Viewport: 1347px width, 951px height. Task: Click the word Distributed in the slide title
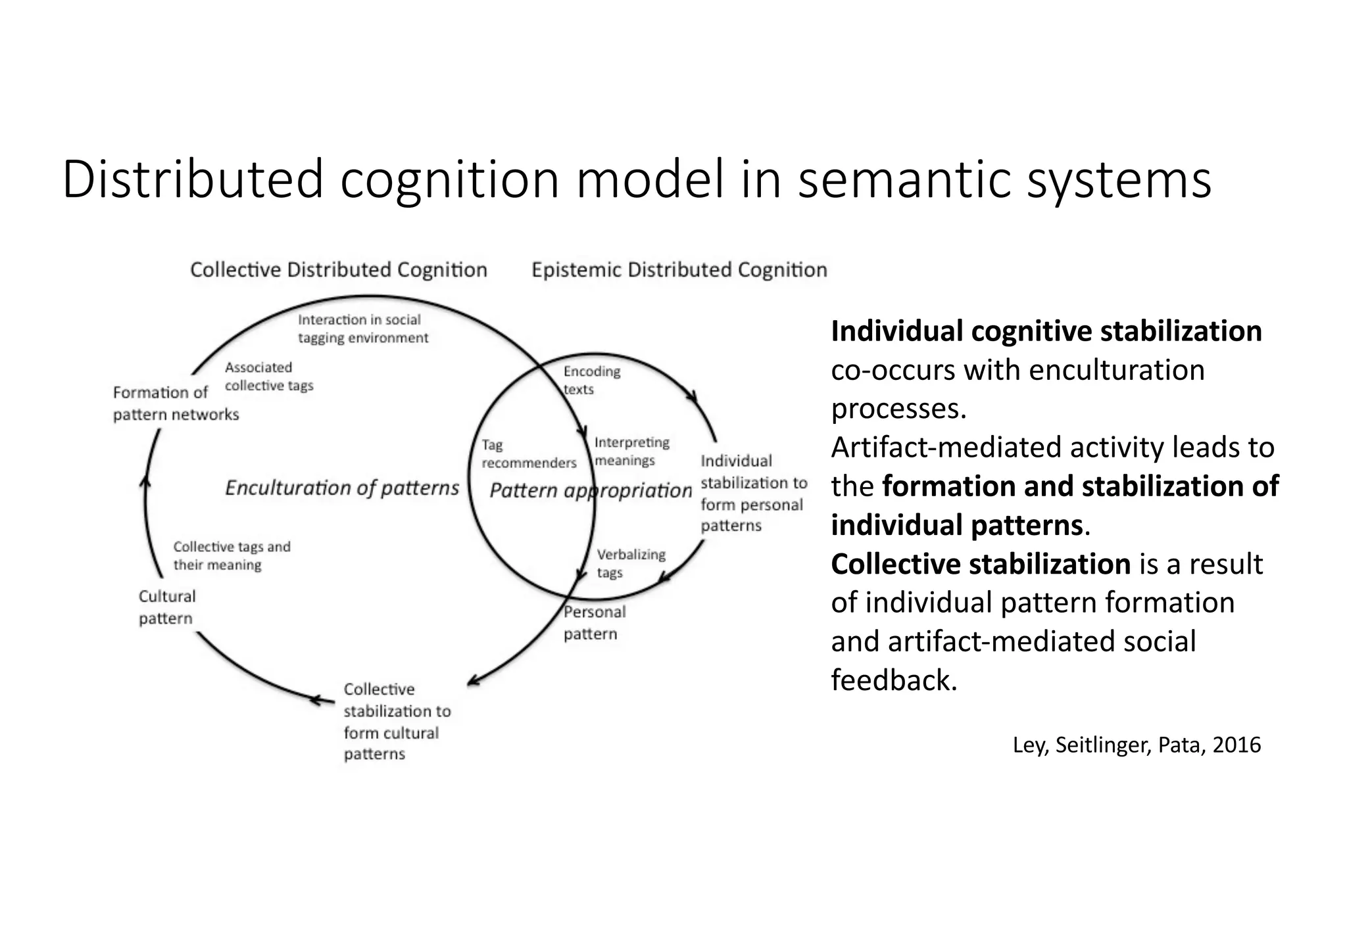pyautogui.click(x=193, y=179)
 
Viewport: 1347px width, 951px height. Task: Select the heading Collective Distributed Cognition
pyautogui.click(x=338, y=270)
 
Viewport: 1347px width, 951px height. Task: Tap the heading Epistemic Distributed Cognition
pyautogui.click(x=679, y=270)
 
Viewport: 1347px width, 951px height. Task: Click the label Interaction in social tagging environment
pyautogui.click(x=362, y=329)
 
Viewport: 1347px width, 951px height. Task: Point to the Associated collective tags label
pyautogui.click(x=268, y=377)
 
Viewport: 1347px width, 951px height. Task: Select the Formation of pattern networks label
pyautogui.click(x=175, y=403)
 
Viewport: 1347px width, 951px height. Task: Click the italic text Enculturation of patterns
pyautogui.click(x=341, y=488)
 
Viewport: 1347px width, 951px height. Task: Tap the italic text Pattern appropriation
pyautogui.click(x=590, y=490)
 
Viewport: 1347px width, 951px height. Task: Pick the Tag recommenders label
pyautogui.click(x=528, y=454)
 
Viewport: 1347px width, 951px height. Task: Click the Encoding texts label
pyautogui.click(x=591, y=380)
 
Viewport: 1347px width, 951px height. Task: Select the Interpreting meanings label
pyautogui.click(x=631, y=452)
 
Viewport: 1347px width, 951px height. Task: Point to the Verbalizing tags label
pyautogui.click(x=630, y=563)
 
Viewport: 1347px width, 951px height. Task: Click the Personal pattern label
pyautogui.click(x=593, y=622)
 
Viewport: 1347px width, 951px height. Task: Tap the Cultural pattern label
pyautogui.click(x=166, y=607)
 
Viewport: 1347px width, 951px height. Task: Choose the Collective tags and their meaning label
pyautogui.click(x=231, y=555)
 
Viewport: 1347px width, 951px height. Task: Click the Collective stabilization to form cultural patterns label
pyautogui.click(x=396, y=721)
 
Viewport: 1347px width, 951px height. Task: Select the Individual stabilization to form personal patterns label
pyautogui.click(x=752, y=493)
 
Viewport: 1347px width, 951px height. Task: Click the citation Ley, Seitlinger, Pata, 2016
pyautogui.click(x=1136, y=745)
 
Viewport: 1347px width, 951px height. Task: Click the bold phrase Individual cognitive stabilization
pyautogui.click(x=1046, y=331)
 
